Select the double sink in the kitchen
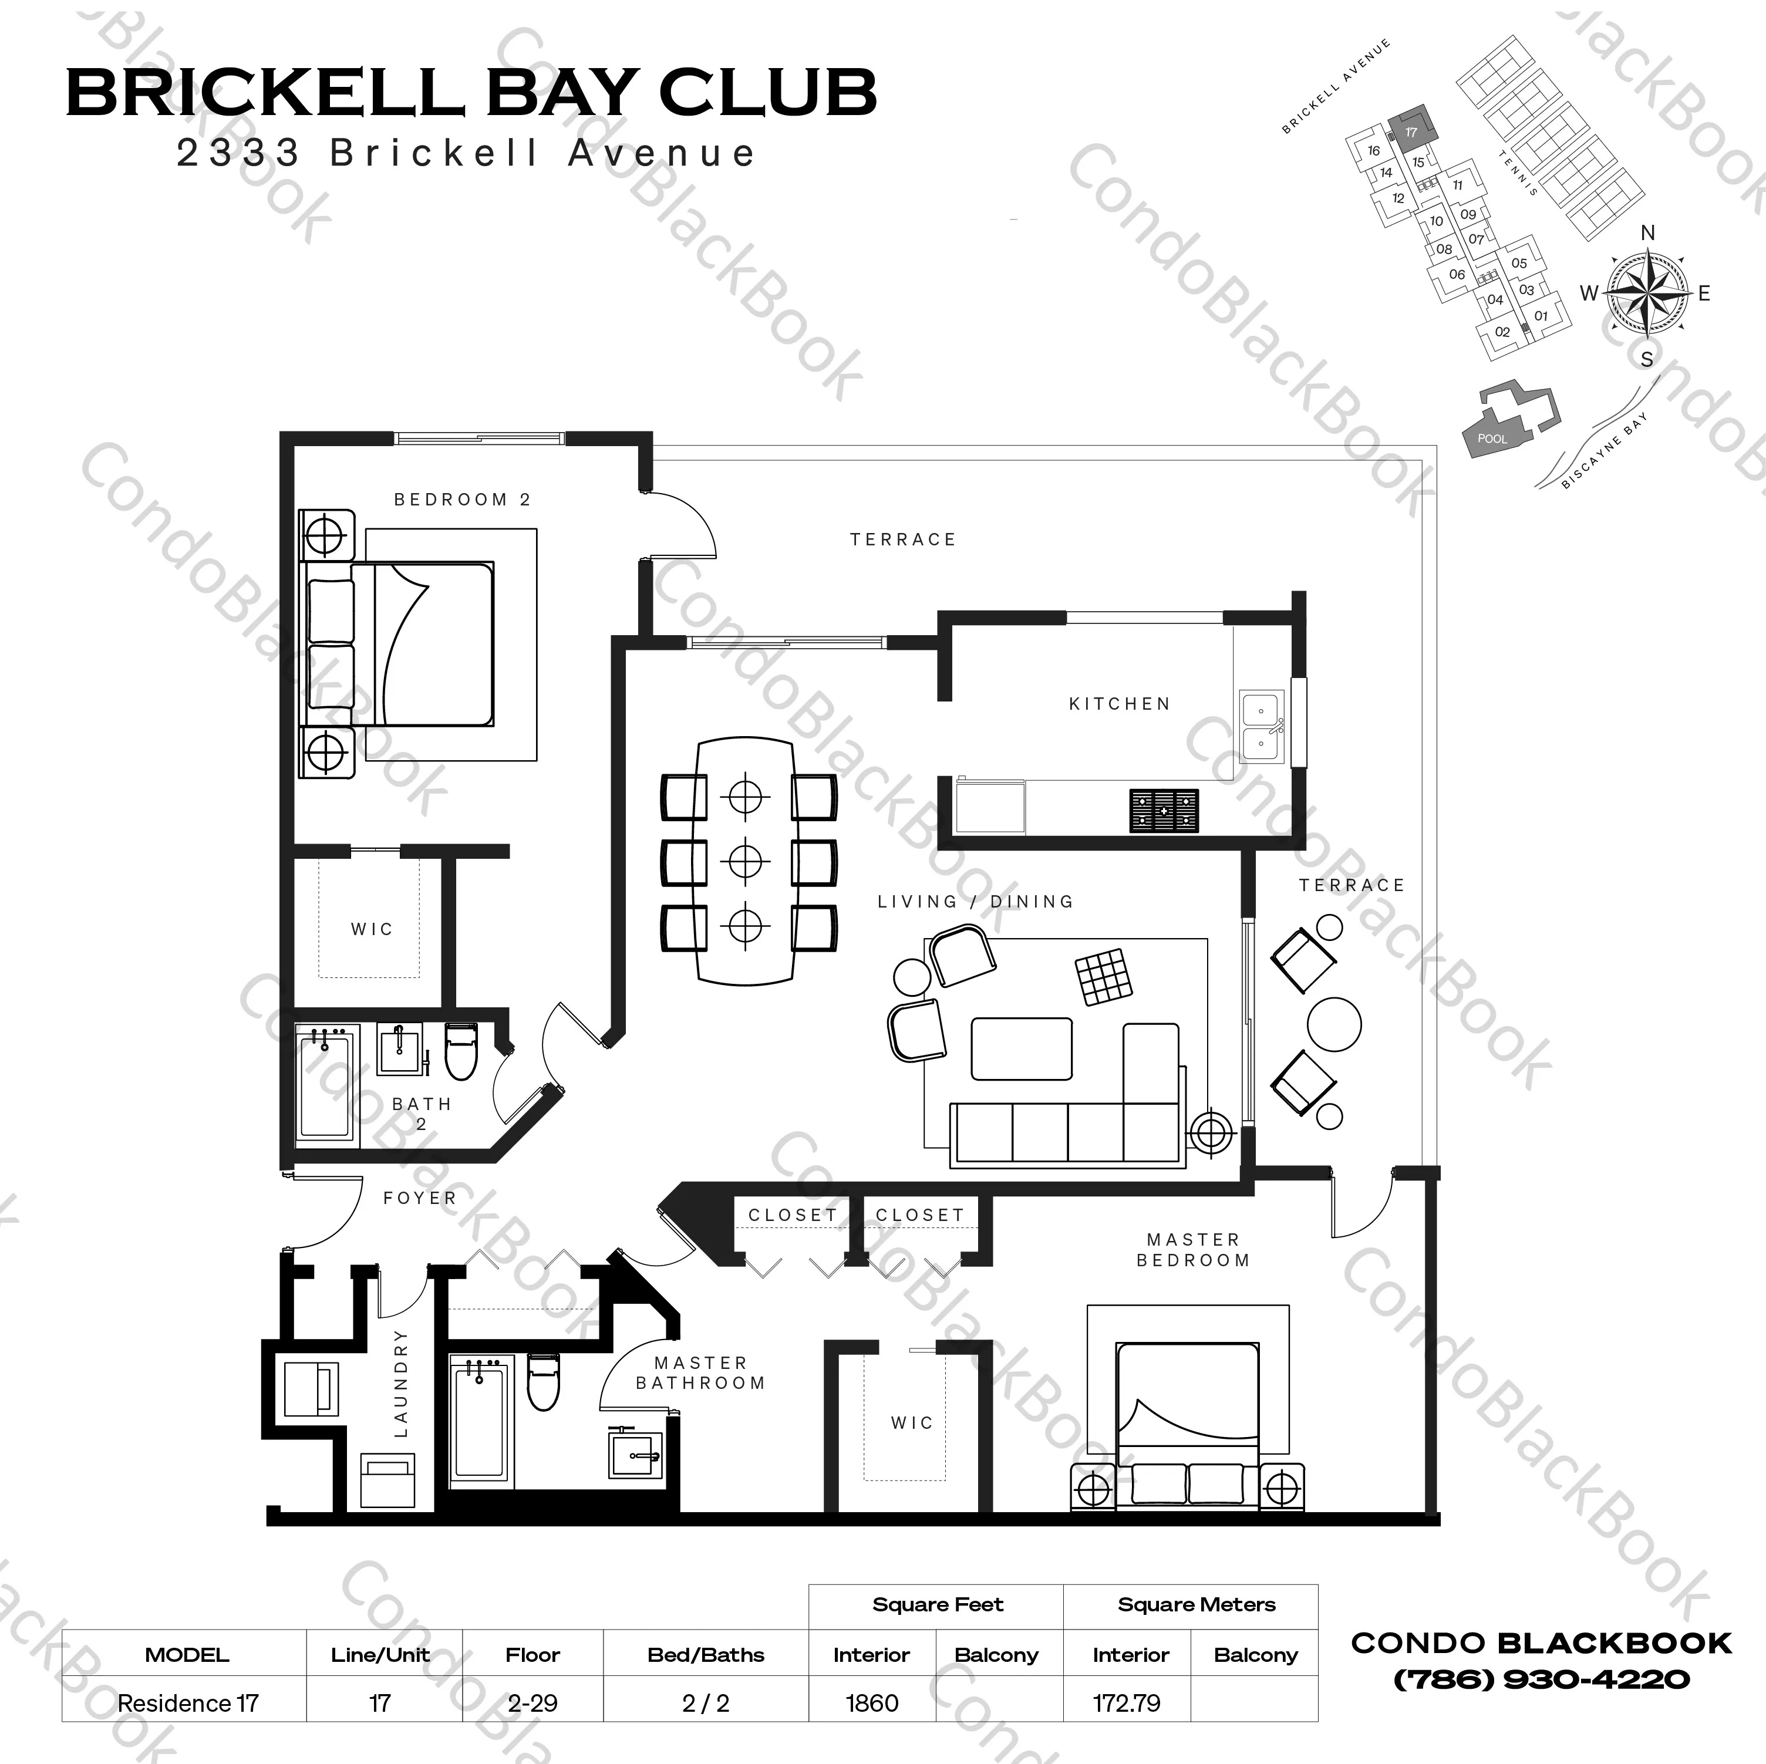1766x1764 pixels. (1262, 727)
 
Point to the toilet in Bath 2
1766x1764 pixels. (461, 1051)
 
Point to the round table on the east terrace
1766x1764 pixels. (1334, 1024)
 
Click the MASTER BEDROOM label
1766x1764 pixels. (1193, 1249)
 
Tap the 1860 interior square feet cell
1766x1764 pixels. (872, 1704)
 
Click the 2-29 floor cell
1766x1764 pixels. (532, 1704)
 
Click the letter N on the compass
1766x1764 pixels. (1647, 233)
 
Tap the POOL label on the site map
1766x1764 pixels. (1492, 439)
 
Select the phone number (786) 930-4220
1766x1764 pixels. (1541, 1679)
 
